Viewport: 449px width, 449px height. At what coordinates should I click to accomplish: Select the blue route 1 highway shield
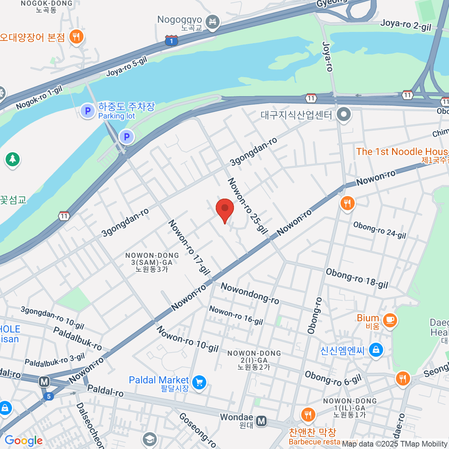171,40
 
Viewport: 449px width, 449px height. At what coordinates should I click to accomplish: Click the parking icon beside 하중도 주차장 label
88,111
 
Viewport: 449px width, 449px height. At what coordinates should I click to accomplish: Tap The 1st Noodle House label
402,152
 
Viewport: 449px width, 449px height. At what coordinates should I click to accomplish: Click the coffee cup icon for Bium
390,320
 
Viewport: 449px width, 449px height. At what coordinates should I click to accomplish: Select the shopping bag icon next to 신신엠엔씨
376,350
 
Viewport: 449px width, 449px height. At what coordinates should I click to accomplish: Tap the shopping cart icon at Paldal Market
199,382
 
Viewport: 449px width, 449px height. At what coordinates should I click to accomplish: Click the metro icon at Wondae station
262,421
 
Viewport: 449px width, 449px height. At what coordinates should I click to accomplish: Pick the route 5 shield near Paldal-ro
48,396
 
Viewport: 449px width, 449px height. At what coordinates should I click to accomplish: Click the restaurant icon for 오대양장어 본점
76,37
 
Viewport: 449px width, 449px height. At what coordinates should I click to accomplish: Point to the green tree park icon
12,159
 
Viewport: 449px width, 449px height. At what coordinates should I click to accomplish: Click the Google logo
23,441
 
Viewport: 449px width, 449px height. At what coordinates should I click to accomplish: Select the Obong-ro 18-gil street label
357,278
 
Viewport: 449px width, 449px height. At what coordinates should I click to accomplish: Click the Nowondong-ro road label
250,293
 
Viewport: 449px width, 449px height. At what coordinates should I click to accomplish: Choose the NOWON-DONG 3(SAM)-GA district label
152,262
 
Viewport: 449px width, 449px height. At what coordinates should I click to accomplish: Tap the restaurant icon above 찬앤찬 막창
308,415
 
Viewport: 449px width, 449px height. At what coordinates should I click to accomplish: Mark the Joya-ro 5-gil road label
126,67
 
